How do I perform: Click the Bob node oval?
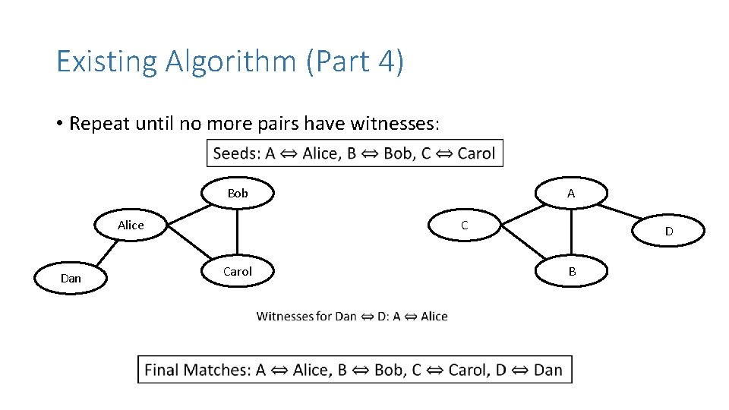click(x=237, y=194)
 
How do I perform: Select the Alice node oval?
click(x=131, y=225)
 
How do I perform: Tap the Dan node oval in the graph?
click(x=71, y=278)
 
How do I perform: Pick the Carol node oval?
click(x=237, y=271)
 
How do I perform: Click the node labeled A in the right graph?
click(x=571, y=194)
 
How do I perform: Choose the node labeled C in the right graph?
click(x=465, y=225)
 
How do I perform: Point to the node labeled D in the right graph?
click(x=668, y=231)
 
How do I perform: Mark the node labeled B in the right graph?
click(x=572, y=271)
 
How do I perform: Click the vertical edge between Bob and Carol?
click(x=237, y=232)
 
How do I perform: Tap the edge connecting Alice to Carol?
click(x=188, y=242)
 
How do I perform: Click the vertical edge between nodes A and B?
click(x=572, y=232)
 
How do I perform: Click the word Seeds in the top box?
click(x=236, y=153)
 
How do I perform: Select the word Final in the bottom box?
click(x=164, y=370)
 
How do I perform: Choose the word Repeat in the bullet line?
click(x=99, y=124)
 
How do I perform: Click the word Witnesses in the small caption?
click(x=285, y=317)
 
